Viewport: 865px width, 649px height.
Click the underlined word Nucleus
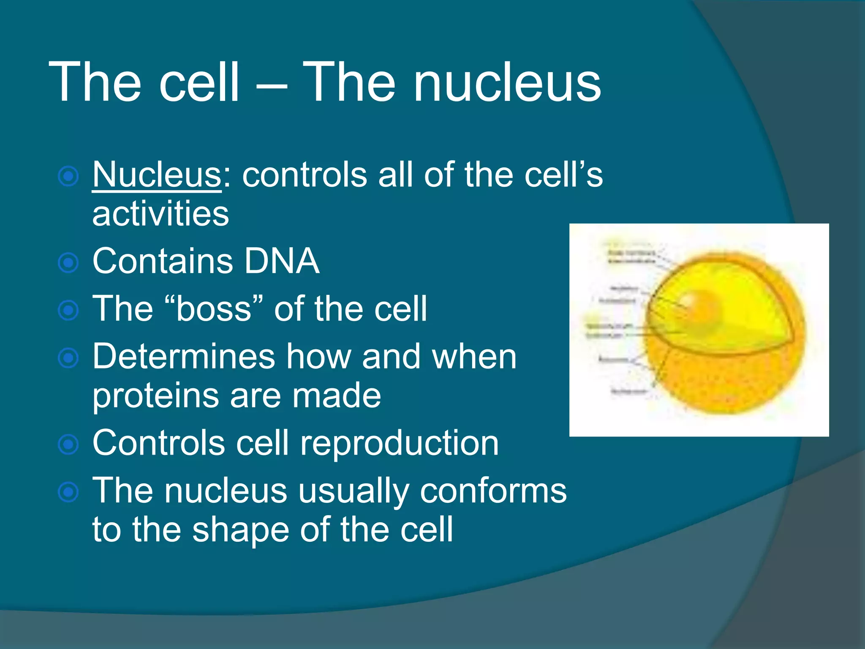coord(157,175)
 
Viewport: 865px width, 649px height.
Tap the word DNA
coord(282,261)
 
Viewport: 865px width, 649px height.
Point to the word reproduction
coord(400,444)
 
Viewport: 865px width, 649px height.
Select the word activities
coord(160,214)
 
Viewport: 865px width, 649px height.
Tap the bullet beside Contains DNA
coord(68,263)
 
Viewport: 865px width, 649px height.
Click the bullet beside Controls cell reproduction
coord(68,444)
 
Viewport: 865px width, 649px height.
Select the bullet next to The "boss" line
coord(68,311)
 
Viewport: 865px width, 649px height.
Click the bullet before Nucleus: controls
coord(68,177)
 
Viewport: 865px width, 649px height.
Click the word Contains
coord(163,261)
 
